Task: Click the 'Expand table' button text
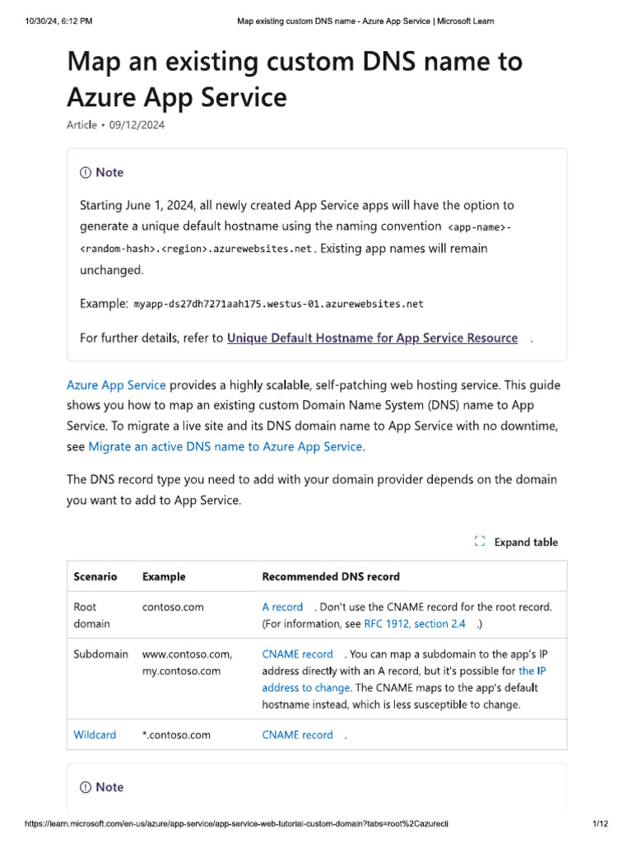pos(526,542)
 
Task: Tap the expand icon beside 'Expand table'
pos(480,542)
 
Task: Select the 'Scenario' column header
pos(95,576)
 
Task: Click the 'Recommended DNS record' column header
pos(331,576)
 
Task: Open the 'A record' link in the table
pos(282,607)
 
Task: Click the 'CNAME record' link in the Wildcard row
pos(297,735)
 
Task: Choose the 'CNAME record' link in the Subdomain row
pos(297,654)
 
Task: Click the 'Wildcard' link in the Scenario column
pos(95,735)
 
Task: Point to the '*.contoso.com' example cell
pos(176,735)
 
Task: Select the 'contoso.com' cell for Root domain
pos(173,607)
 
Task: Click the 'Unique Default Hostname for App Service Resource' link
pos(372,338)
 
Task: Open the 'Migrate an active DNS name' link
pos(225,447)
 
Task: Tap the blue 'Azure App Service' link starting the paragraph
pos(116,385)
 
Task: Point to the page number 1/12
pos(599,823)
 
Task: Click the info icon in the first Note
pos(86,173)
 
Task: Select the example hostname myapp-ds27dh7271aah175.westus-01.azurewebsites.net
pos(278,304)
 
